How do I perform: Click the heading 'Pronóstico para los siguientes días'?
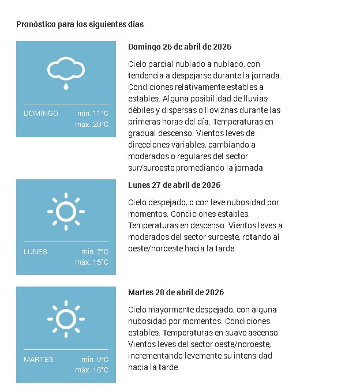coord(80,24)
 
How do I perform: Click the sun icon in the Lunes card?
coord(66,211)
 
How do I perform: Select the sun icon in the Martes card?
coord(66,319)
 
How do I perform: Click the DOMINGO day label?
coord(41,114)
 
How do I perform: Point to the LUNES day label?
coord(35,252)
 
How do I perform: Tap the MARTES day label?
coord(39,360)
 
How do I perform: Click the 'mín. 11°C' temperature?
coord(93,114)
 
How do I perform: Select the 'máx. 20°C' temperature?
coord(92,125)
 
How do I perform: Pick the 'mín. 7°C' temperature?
coord(95,252)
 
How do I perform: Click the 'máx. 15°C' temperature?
coord(92,263)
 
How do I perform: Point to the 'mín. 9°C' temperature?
coord(95,360)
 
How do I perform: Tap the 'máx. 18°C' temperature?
coord(92,370)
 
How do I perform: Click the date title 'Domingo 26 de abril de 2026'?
coord(179,47)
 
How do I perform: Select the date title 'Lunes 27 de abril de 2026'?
coord(174,185)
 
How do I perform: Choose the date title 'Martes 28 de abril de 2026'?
coord(176,293)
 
